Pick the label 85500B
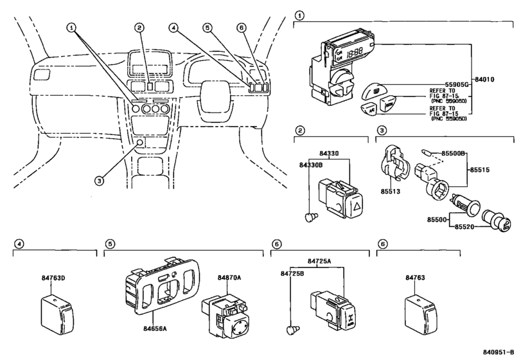coord(454,154)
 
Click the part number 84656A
coord(155,328)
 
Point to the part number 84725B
coord(293,273)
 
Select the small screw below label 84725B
coord(291,330)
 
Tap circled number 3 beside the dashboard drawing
coord(98,181)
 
